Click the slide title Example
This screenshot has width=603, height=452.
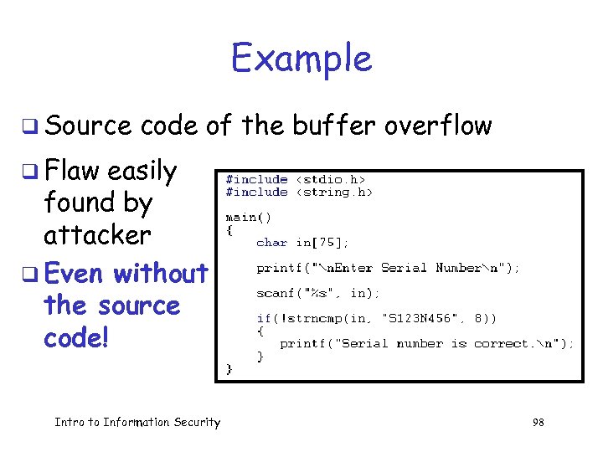point(301,59)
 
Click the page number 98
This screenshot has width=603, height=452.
point(538,423)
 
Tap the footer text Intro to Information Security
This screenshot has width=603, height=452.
point(137,423)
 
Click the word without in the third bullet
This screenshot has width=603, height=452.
point(161,274)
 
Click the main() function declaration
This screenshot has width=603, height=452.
point(246,217)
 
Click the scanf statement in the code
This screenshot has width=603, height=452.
point(318,293)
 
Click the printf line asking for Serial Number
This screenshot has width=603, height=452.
point(388,268)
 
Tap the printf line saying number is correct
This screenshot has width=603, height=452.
point(426,343)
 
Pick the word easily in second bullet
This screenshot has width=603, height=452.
point(142,172)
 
